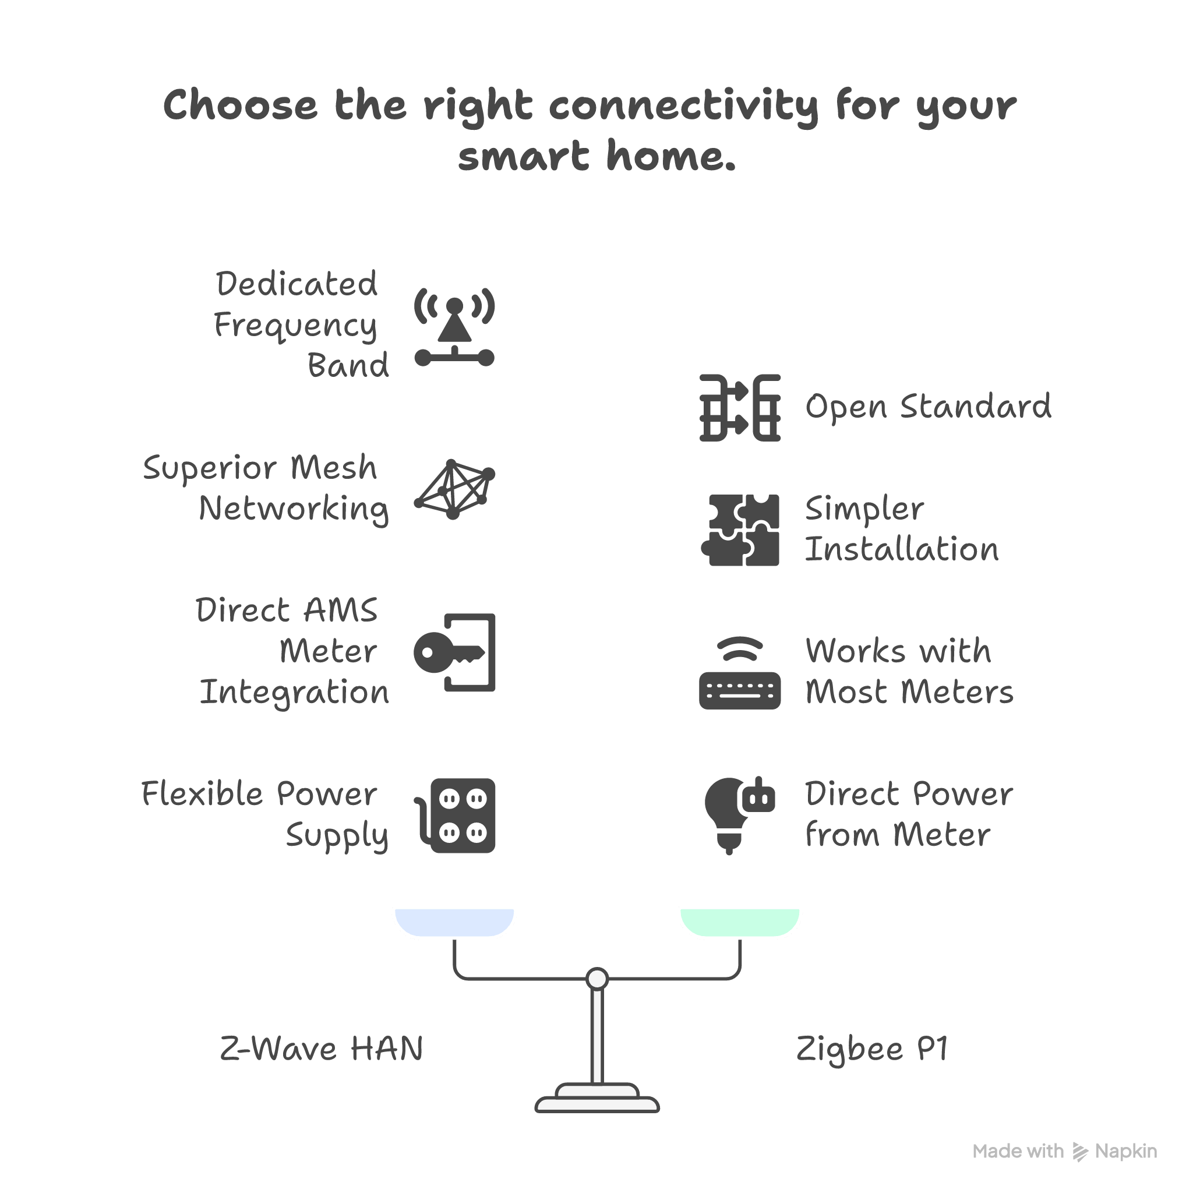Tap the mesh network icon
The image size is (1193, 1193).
(454, 489)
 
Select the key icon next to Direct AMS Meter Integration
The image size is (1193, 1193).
(454, 652)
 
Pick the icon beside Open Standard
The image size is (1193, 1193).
(740, 408)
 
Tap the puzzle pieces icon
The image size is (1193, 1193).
(740, 530)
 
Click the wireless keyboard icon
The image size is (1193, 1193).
(740, 673)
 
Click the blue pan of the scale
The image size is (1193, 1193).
(454, 922)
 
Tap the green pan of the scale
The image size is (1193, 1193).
(740, 922)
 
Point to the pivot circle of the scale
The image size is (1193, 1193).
(596, 979)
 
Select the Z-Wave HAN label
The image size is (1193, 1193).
(321, 1049)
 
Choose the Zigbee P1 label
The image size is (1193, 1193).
(871, 1049)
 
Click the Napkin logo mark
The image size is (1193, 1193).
(1080, 1152)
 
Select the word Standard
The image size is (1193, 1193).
(975, 408)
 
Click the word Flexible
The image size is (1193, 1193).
(204, 794)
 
